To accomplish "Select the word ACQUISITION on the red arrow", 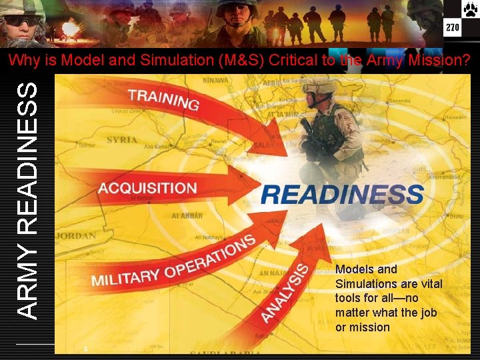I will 147,188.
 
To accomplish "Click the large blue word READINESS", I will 342,195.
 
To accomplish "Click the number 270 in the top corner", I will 453,29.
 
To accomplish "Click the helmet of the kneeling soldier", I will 321,85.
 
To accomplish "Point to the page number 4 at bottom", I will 86,349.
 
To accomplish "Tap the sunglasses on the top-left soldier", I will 21,21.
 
